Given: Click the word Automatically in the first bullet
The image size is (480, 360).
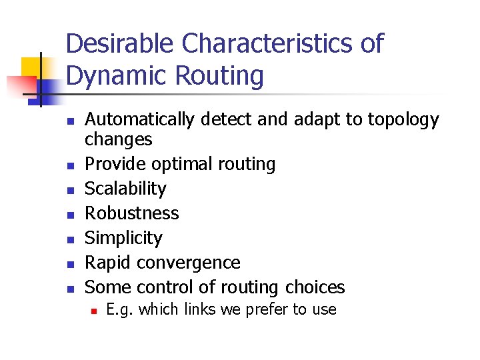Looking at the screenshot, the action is [139, 120].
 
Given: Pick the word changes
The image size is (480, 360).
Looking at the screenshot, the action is [118, 139].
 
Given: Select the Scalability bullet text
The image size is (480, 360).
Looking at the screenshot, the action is [125, 189].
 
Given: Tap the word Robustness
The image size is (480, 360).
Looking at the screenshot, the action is [132, 213].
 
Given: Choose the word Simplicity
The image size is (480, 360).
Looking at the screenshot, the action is [123, 238].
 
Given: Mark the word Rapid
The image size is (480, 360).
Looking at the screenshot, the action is [108, 263].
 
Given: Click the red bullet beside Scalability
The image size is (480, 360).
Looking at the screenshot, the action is [69, 190].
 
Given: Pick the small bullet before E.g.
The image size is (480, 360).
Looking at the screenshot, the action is [94, 310].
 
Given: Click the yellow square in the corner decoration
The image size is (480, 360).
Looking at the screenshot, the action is [31, 67].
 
